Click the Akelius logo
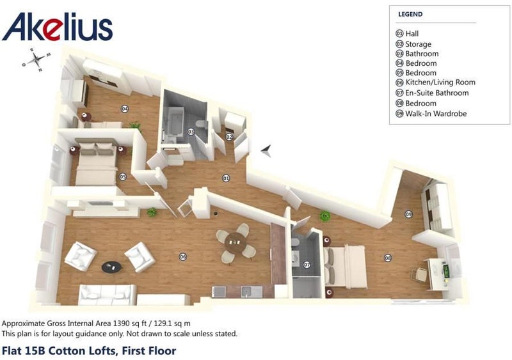tap(58, 27)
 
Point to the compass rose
tap(36, 59)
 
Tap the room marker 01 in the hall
tap(226, 178)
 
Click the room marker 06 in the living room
tap(183, 257)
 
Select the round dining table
tap(236, 242)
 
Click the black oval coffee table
tap(111, 267)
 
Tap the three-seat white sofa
tap(107, 294)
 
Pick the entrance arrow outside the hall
tap(266, 150)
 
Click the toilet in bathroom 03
tap(201, 124)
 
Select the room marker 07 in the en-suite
tap(307, 265)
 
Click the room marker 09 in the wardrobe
tap(408, 214)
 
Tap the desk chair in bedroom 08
tap(419, 274)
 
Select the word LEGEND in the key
tap(410, 14)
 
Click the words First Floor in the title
tap(149, 351)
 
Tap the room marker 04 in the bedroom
tap(124, 109)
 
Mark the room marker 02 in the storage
tap(229, 137)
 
